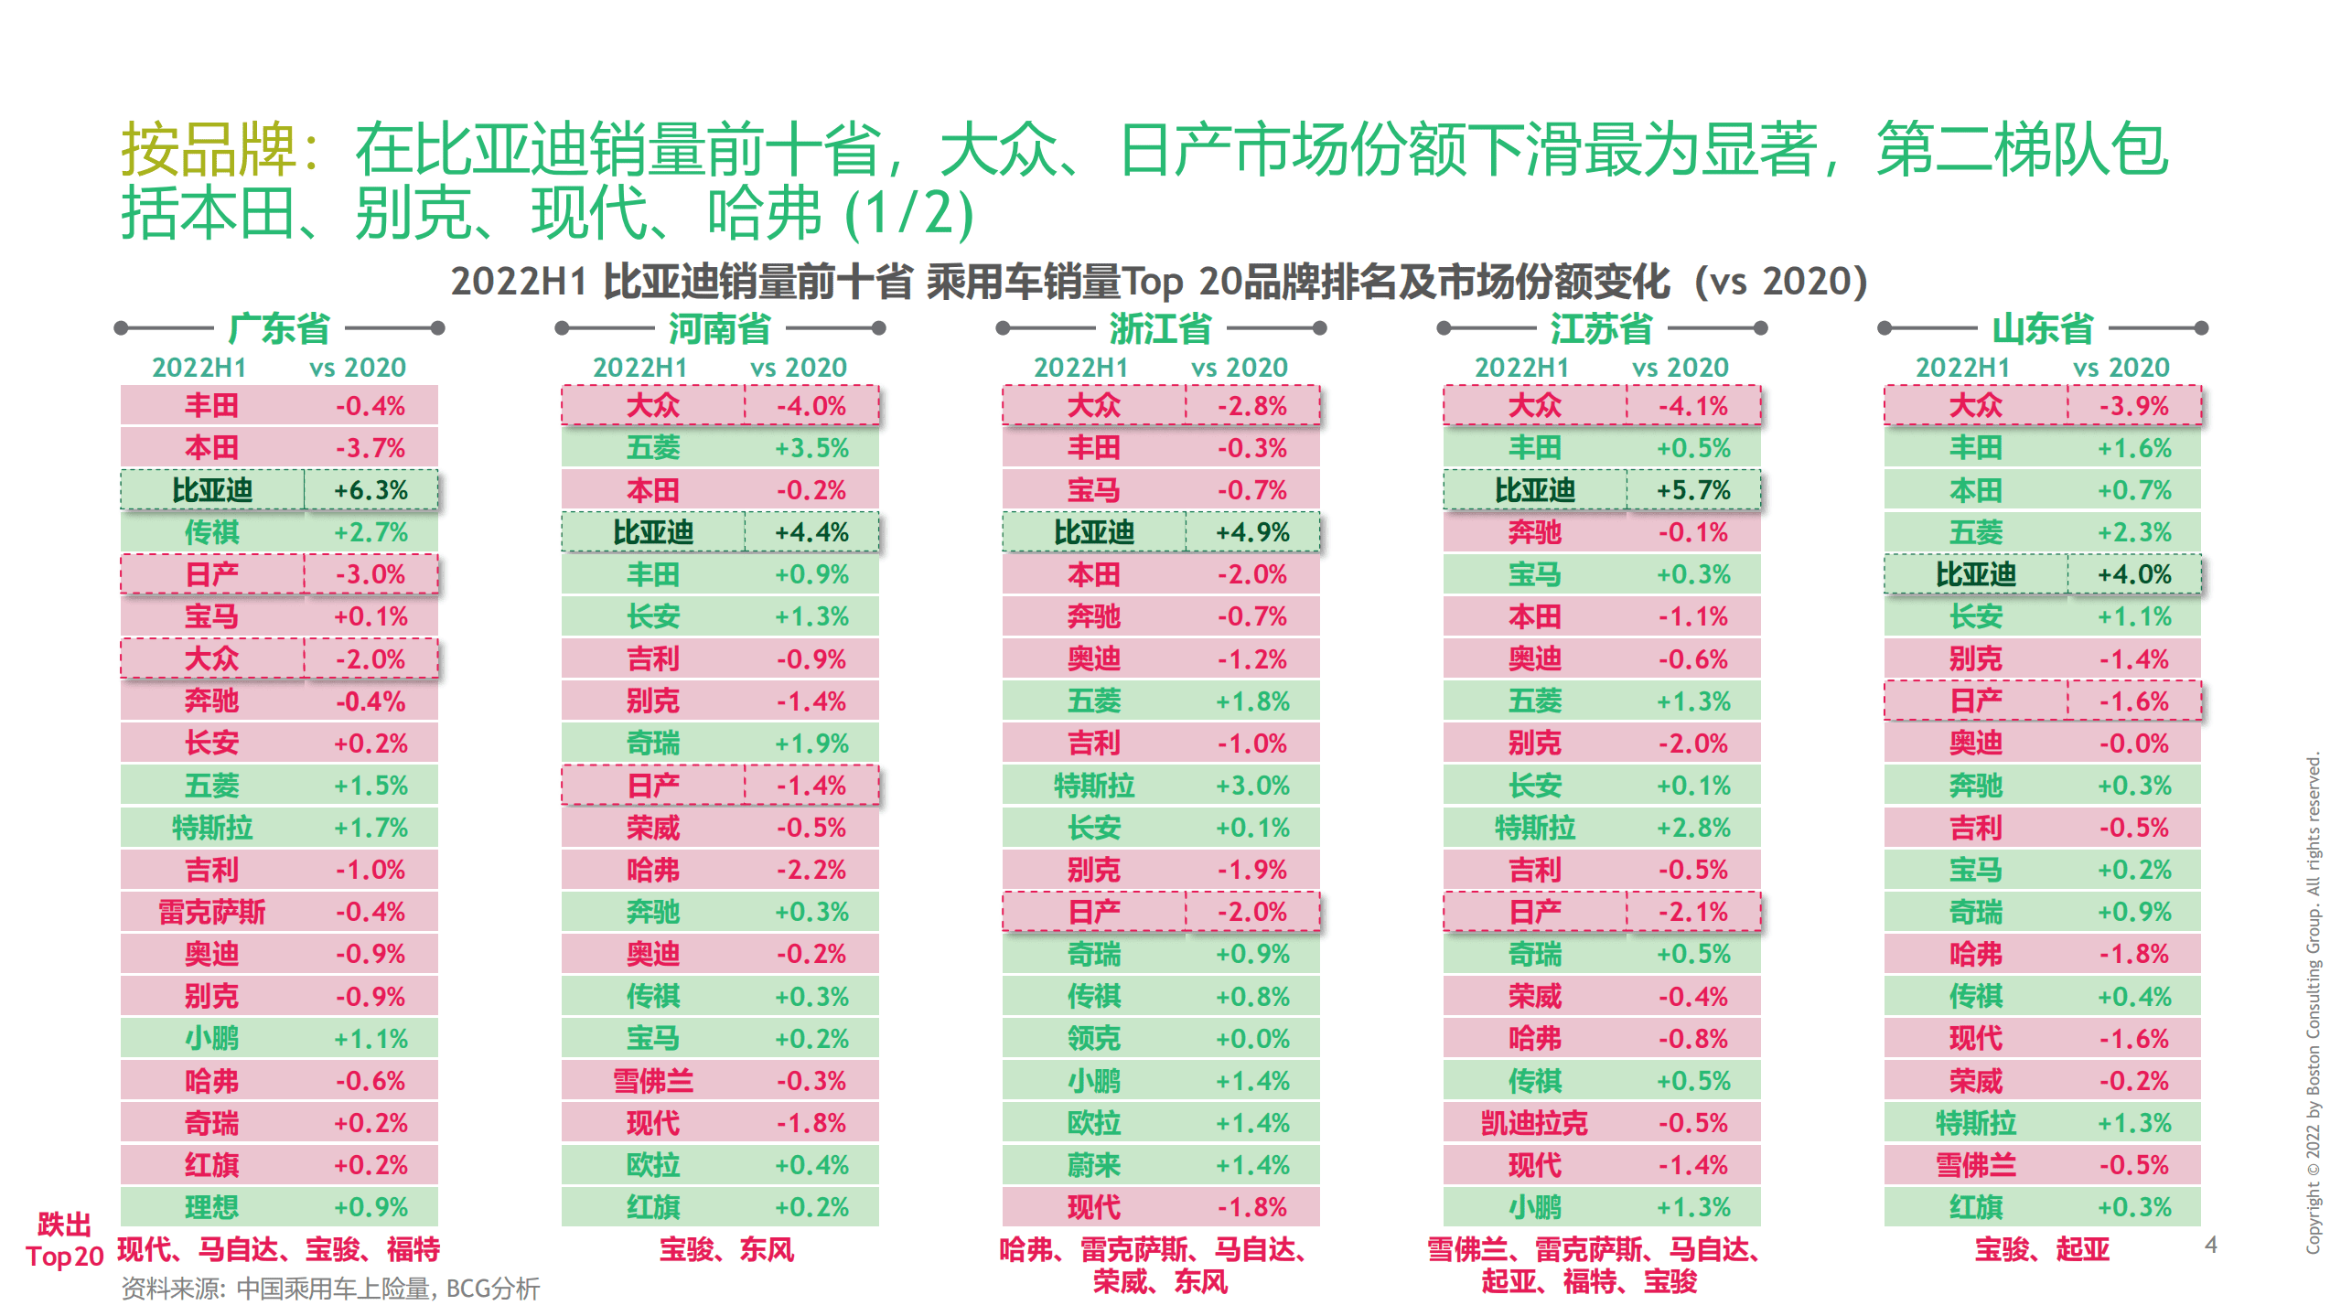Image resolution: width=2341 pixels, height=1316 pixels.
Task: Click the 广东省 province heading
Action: (279, 328)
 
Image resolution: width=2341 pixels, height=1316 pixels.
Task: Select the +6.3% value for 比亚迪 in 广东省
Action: (370, 490)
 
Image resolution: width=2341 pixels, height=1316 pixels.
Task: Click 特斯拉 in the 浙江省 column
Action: (1093, 786)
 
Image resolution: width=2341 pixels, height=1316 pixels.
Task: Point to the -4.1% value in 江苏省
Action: (1693, 406)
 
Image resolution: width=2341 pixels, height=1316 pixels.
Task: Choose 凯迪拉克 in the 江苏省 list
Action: (1534, 1123)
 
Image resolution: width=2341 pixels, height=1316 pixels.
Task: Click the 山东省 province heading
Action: (2042, 328)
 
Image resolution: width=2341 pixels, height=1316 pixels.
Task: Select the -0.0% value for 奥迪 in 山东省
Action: (2133, 744)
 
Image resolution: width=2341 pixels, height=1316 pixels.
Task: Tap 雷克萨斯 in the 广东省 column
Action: (211, 912)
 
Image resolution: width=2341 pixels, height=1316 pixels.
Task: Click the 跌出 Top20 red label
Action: (64, 1240)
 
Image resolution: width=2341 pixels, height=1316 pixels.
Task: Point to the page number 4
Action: (2210, 1245)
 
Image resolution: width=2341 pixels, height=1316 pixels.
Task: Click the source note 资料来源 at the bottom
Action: (330, 1289)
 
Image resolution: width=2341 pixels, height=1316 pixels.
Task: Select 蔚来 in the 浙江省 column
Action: (1093, 1165)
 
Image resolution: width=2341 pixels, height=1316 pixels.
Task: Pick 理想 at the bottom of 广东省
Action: (211, 1207)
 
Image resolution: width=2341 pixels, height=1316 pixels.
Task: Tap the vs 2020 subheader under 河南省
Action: (798, 368)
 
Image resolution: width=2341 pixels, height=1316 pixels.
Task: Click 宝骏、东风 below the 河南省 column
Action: (726, 1249)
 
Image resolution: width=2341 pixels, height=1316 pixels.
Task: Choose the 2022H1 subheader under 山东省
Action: (1962, 368)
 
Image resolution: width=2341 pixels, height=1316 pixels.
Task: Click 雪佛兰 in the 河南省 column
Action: (652, 1081)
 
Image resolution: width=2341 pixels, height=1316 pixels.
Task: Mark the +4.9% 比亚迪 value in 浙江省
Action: (1251, 532)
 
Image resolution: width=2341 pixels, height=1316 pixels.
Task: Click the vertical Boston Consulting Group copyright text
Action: (2313, 1001)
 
